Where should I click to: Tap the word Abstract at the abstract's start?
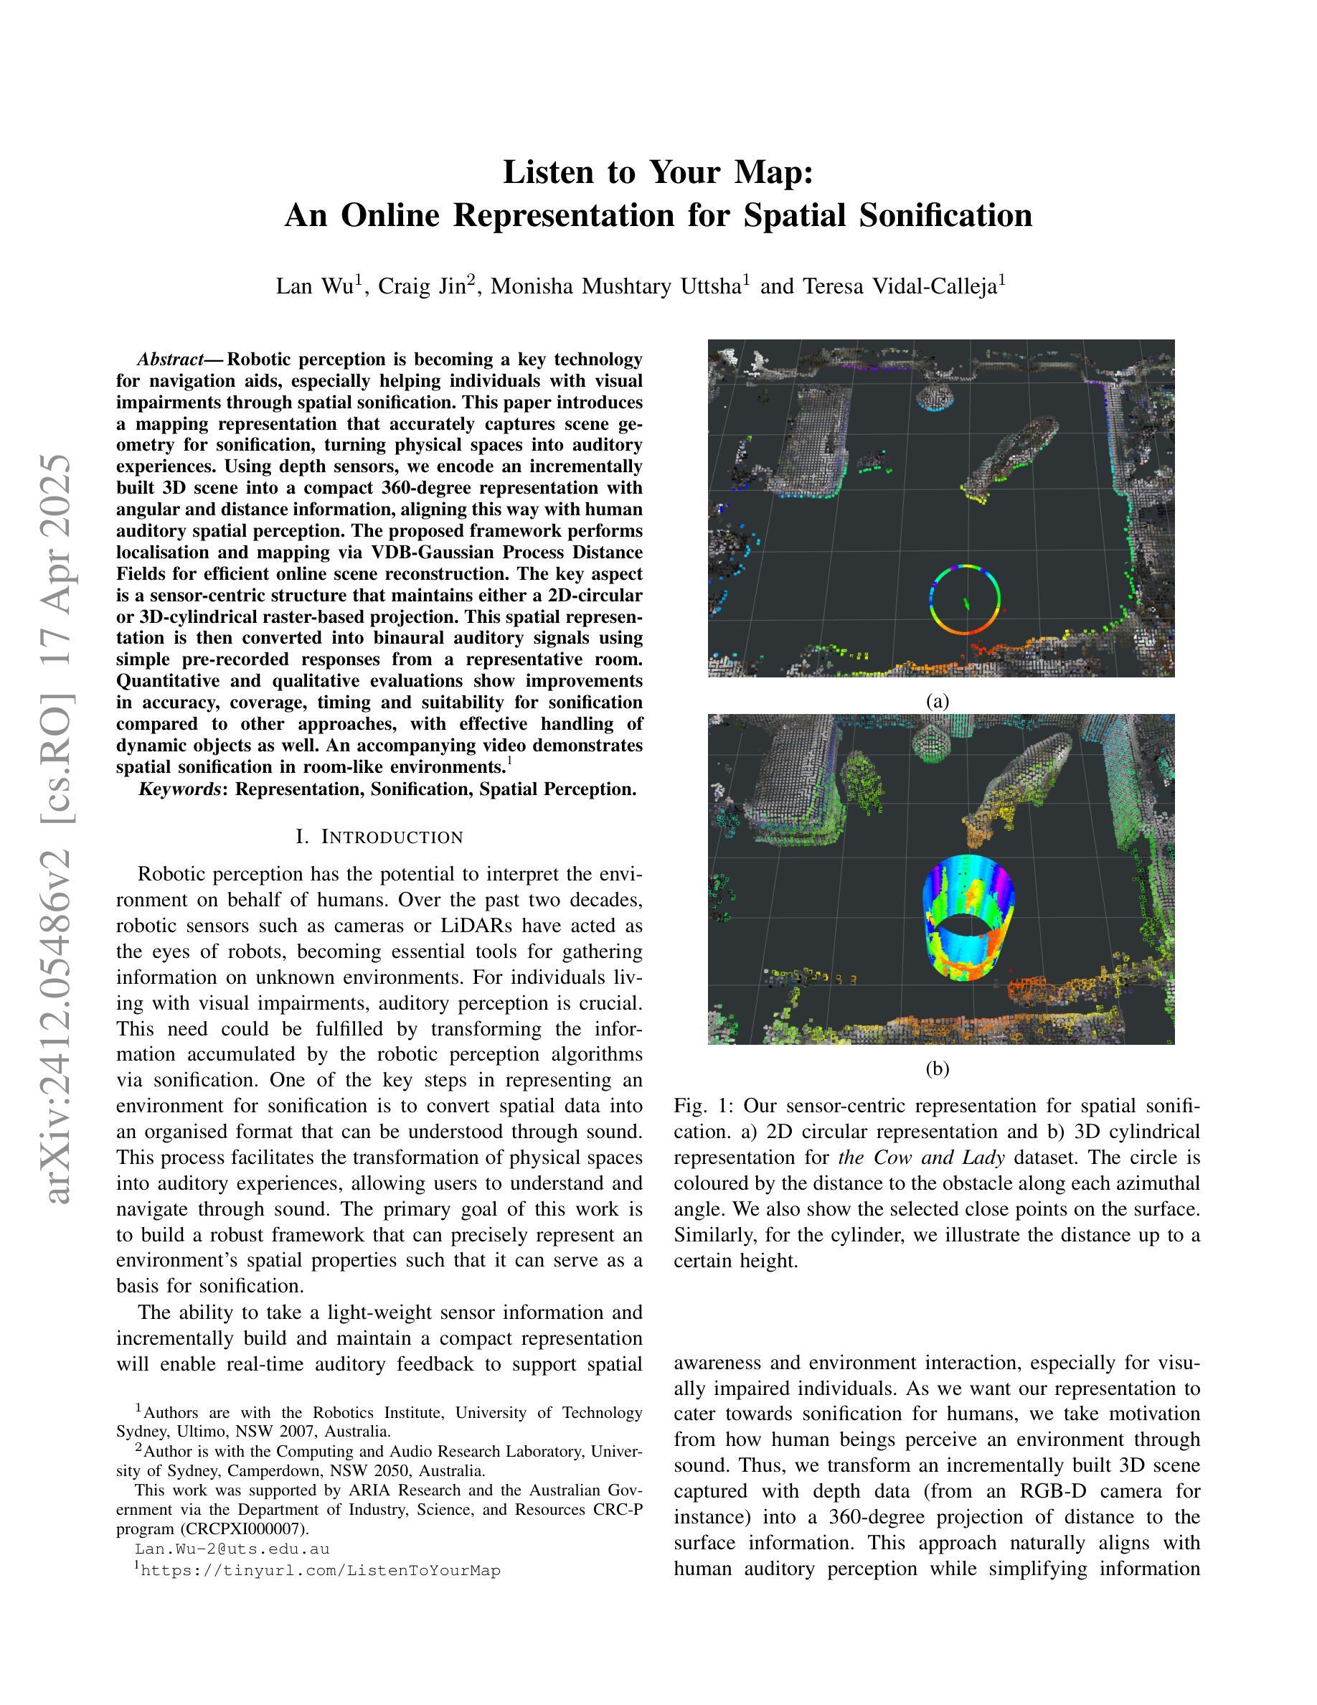[x=170, y=360]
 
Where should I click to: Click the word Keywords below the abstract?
[x=179, y=789]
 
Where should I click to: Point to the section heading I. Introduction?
[x=379, y=837]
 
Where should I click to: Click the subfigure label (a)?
[x=937, y=701]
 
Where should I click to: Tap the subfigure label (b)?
[x=937, y=1068]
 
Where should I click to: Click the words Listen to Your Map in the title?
[x=658, y=172]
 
